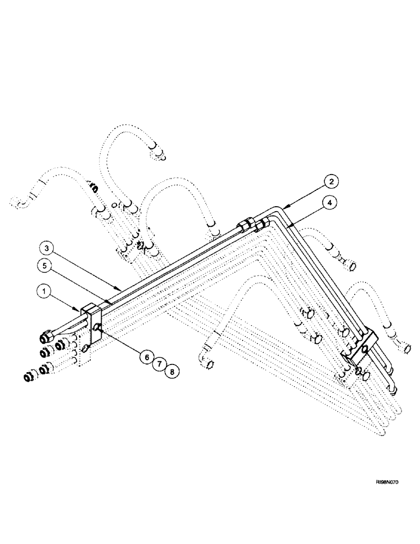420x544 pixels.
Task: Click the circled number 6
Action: (145, 356)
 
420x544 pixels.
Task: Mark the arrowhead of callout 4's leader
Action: (288, 223)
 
